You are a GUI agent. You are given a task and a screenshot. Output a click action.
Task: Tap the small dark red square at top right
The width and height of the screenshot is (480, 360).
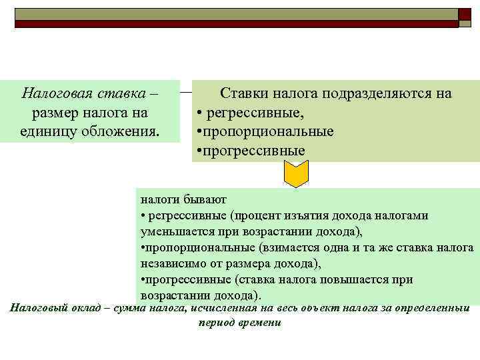point(465,14)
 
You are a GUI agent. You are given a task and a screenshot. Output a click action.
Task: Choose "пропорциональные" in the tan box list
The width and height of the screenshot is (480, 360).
point(266,131)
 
